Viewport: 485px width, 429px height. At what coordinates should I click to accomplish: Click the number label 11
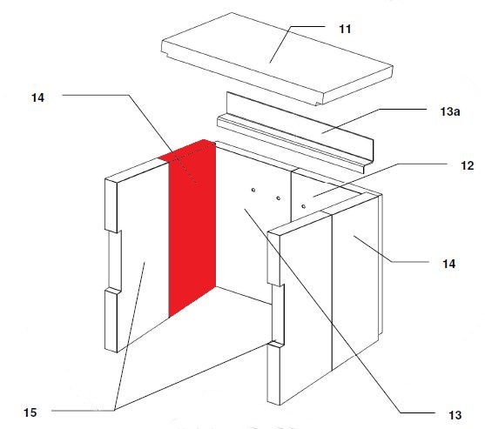coord(345,29)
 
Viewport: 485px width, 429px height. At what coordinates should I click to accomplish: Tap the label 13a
coord(450,111)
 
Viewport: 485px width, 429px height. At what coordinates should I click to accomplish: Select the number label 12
coord(467,165)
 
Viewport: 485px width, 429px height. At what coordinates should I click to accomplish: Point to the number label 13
coord(455,415)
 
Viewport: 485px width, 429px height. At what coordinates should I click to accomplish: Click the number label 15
coord(30,412)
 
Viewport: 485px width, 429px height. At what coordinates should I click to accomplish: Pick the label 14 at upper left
coord(37,97)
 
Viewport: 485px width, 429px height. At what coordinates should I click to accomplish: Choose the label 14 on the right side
coord(448,264)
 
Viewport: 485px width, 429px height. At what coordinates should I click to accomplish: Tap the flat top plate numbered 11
coord(278,58)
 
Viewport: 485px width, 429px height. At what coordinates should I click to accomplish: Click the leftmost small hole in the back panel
coord(253,190)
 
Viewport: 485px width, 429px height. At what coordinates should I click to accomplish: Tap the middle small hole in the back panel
coord(279,198)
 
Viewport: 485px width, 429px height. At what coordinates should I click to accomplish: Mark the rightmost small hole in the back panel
coord(303,206)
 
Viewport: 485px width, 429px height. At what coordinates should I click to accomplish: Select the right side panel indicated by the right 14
coord(356,278)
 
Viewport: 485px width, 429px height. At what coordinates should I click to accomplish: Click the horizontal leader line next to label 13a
coord(403,109)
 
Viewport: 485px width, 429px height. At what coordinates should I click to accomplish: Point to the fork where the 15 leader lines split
coord(115,410)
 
